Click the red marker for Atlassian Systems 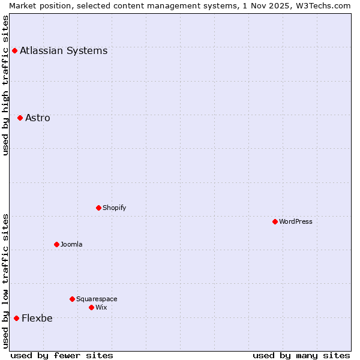pos(14,50)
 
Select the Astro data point pos(20,118)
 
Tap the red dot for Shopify pos(98,208)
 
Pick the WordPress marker pos(275,221)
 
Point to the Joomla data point pos(56,244)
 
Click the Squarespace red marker pos(72,299)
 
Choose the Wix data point pos(91,307)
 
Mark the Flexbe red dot pos(16,318)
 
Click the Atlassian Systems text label pos(64,50)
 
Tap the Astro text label pos(38,118)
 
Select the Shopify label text pos(114,208)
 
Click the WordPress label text pos(295,221)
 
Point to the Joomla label pos(71,244)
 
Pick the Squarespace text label pos(97,299)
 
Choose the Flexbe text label pos(37,318)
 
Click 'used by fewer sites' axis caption pos(62,355)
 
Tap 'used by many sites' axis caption pos(301,355)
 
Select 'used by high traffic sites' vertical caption pos(5,85)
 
